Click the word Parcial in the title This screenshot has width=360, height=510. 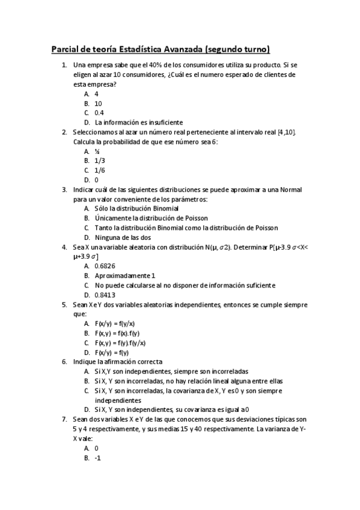[65, 50]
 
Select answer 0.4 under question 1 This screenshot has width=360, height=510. [99, 112]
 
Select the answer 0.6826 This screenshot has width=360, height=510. [105, 266]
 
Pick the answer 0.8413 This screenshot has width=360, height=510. [105, 295]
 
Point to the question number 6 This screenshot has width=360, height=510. [64, 362]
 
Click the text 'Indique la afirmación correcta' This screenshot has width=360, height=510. [117, 362]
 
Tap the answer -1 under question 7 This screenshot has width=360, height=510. [97, 458]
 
